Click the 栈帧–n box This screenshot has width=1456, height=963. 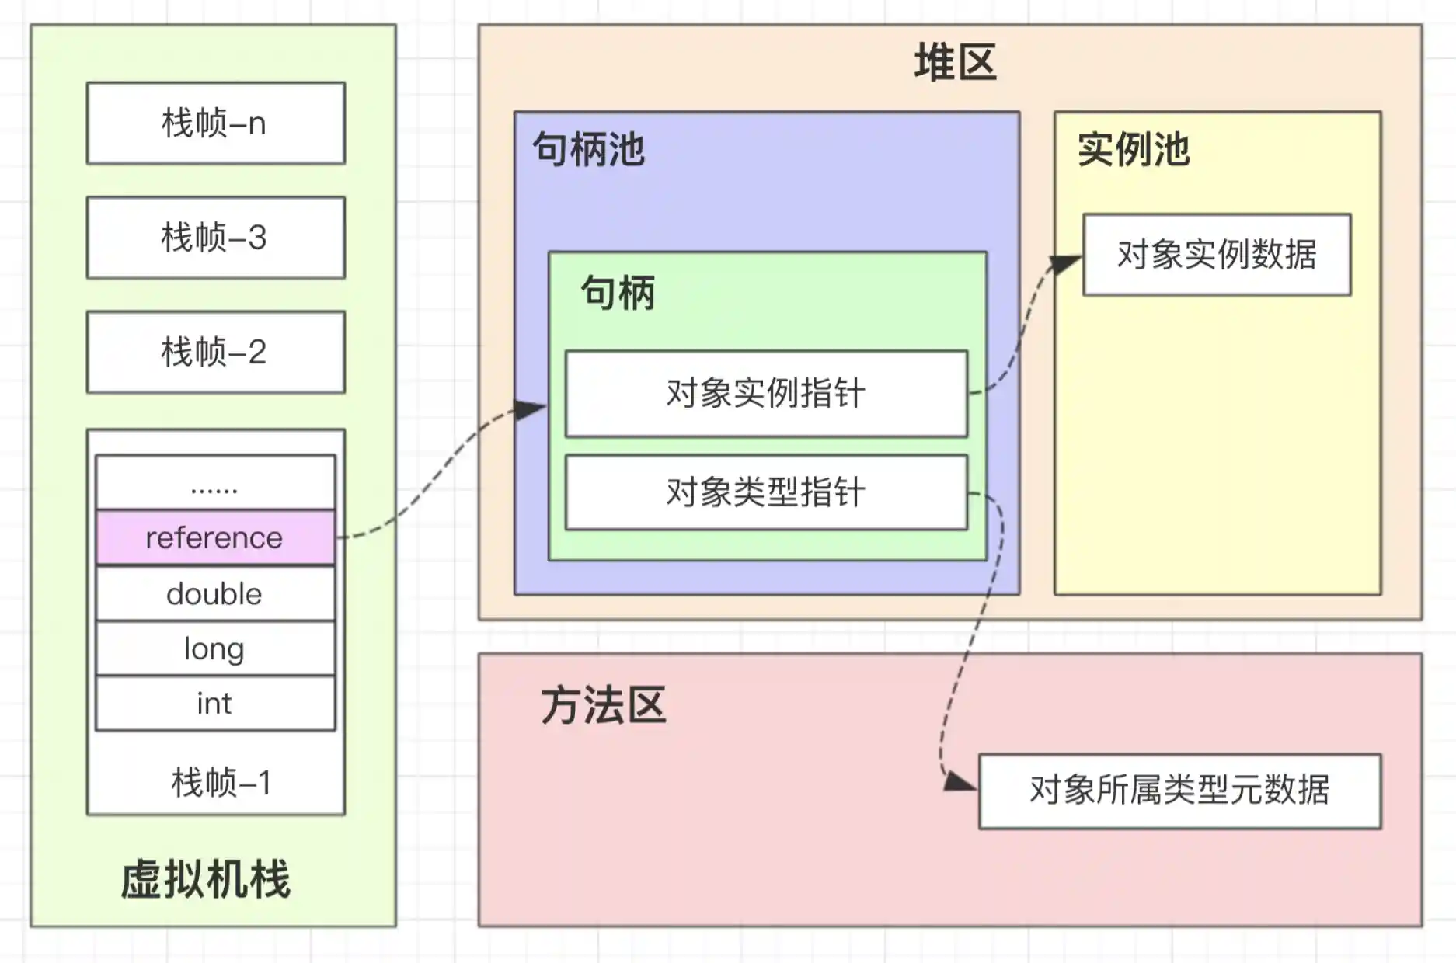pos(215,123)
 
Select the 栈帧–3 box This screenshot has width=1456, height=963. pos(215,237)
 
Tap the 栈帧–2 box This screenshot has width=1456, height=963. pos(215,352)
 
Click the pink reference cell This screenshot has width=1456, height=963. pos(215,537)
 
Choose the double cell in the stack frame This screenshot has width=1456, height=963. pos(215,593)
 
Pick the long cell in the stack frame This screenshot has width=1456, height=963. pos(215,648)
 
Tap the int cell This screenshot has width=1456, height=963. pos(215,704)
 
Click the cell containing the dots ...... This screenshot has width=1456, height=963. pos(215,483)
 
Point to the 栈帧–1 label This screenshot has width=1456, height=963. pos(221,782)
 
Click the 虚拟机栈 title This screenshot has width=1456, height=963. pos(206,879)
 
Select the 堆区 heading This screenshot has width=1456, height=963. pos(955,62)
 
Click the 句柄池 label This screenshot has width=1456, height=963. pos(588,149)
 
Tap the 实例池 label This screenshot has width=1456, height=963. pos(1133,149)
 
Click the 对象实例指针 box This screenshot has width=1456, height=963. pos(766,393)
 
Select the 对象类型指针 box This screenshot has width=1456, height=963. pos(766,492)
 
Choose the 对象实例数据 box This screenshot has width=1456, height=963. pos(1217,255)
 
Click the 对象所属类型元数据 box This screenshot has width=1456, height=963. pos(1179,791)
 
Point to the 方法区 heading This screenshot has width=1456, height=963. pos(603,705)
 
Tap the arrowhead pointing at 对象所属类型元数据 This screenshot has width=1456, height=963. pos(960,781)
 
